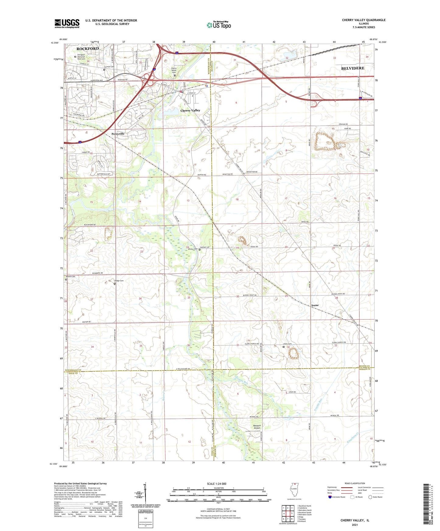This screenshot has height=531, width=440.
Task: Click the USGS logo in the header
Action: (x=67, y=23)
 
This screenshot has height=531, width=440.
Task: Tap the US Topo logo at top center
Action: (x=219, y=25)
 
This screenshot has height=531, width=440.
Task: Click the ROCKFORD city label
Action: (x=87, y=49)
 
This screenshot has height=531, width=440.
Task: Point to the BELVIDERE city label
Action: (x=353, y=68)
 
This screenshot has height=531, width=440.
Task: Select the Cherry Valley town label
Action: (x=190, y=110)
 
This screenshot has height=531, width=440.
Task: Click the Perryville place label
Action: (x=118, y=134)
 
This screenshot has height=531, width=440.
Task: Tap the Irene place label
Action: (x=315, y=305)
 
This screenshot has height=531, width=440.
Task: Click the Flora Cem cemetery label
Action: (x=288, y=344)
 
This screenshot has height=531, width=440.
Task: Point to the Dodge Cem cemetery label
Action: (x=119, y=281)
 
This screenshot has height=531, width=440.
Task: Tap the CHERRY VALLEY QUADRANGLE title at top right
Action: (x=364, y=20)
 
